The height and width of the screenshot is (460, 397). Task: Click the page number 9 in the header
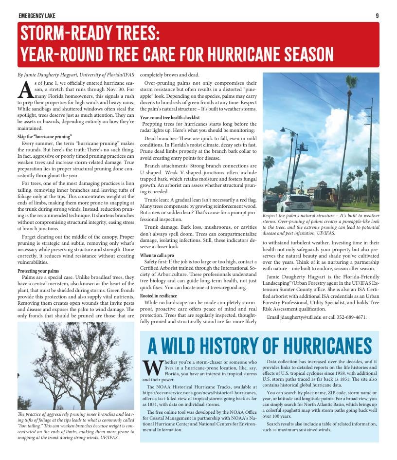point(377,16)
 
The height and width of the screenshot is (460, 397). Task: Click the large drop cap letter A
point(24,90)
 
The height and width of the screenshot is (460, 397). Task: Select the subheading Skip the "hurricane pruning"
point(44,136)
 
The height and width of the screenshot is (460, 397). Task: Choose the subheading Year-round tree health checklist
point(170,118)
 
